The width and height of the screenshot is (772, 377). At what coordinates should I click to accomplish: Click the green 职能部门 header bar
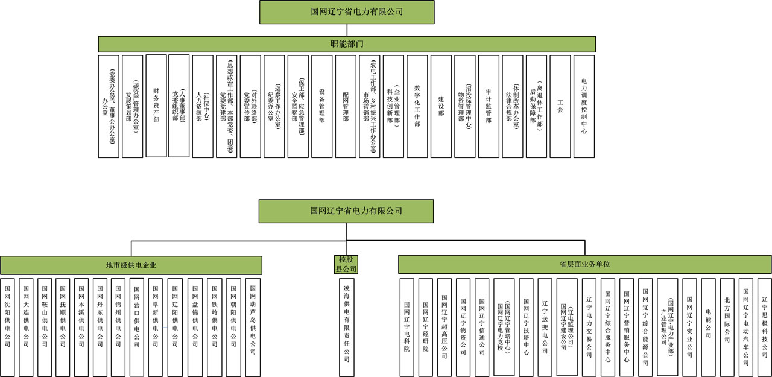tap(347, 44)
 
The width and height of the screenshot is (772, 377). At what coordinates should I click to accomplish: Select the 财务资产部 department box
tap(156, 106)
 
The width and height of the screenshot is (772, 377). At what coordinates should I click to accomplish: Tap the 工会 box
tap(560, 106)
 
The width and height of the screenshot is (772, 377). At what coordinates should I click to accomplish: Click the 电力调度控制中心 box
tap(584, 106)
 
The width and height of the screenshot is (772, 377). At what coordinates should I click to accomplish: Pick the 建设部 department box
tap(441, 106)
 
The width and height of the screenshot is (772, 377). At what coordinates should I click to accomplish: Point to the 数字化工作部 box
tap(417, 106)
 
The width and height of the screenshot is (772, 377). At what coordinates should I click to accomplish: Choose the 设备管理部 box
tap(322, 106)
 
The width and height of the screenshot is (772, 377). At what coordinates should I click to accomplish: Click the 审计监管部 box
tap(489, 106)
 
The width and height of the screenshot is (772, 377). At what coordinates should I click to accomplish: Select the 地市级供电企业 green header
tap(131, 265)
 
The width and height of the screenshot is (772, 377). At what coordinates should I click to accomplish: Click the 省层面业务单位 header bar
tap(584, 264)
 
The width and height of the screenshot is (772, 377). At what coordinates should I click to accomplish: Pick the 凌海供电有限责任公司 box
tap(346, 326)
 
